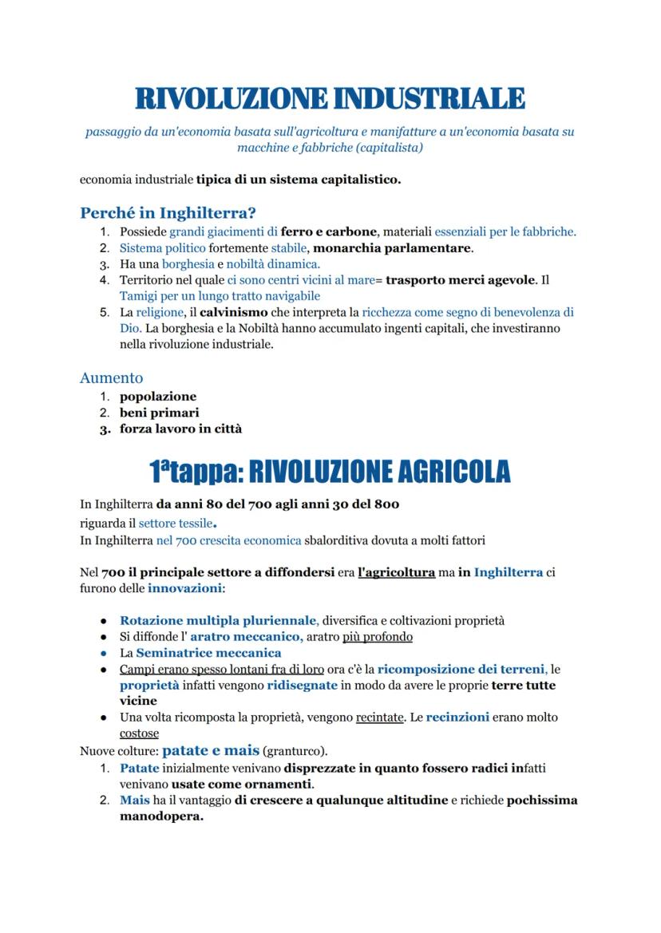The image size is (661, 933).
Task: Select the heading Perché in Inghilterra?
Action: click(168, 213)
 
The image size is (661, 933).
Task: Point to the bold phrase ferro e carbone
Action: click(328, 232)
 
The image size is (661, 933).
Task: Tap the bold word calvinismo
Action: click(232, 312)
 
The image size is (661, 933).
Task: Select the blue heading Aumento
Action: click(111, 378)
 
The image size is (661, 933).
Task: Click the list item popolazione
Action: click(158, 397)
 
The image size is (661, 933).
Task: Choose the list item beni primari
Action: click(160, 413)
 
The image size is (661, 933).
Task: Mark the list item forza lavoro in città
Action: click(181, 429)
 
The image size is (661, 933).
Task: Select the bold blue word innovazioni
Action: click(184, 588)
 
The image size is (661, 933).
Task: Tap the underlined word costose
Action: click(139, 733)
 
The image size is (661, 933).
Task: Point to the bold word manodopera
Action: click(161, 816)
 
